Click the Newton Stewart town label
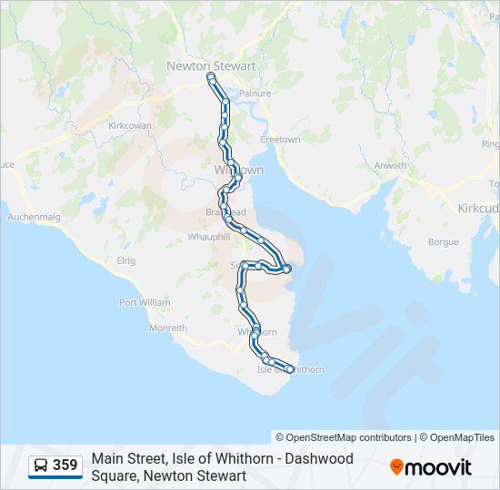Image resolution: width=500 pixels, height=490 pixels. [x=211, y=65]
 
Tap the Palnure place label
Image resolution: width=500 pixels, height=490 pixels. [x=249, y=93]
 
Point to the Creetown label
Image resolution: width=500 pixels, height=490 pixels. [x=280, y=140]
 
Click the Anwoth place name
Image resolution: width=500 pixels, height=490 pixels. [x=390, y=165]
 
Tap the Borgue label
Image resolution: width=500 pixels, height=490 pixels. [x=443, y=242]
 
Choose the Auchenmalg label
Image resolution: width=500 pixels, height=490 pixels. [x=34, y=217]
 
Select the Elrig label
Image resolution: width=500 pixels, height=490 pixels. [x=125, y=260]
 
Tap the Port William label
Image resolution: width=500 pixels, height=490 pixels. [x=144, y=302]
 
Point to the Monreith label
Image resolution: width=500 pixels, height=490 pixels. [x=168, y=328]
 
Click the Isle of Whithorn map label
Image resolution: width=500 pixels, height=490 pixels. [x=290, y=369]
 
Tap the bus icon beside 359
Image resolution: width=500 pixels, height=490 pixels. [x=41, y=465]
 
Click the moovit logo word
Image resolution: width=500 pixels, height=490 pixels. [x=438, y=467]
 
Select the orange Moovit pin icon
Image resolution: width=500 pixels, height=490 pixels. [x=396, y=467]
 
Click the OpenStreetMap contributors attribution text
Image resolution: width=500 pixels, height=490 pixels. [x=345, y=437]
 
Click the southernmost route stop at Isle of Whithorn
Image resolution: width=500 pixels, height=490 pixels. [x=290, y=368]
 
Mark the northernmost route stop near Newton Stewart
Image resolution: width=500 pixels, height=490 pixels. [x=212, y=79]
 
